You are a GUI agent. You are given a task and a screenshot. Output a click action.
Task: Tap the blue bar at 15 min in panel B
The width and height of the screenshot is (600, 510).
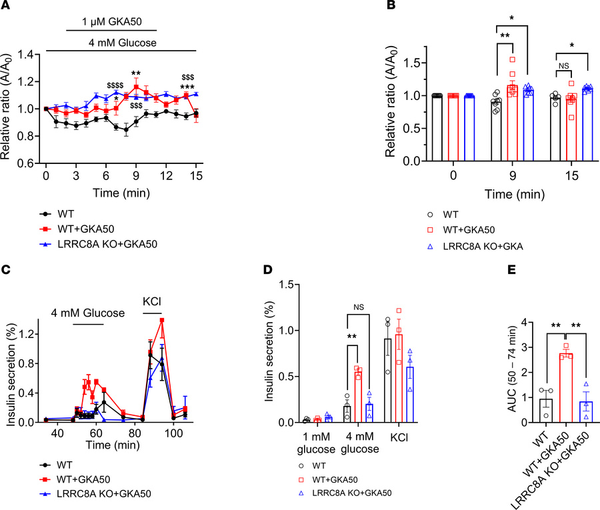pyautogui.click(x=587, y=127)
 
